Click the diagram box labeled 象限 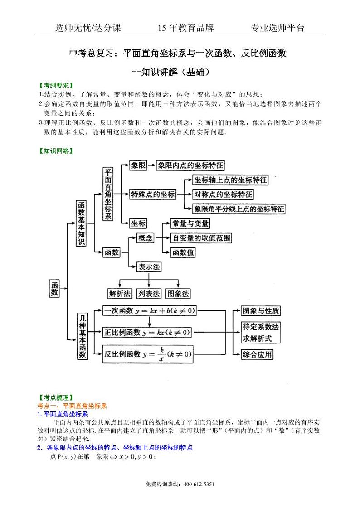pos(138,166)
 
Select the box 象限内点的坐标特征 pos(190,166)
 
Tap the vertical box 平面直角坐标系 pos(108,194)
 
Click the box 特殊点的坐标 pos(153,195)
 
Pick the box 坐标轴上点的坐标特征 pos(230,180)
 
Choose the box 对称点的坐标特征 pos(223,195)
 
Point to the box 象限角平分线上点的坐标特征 pos(239,209)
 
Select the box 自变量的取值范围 pos(200,238)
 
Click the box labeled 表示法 pos(149,267)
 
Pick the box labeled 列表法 pos(149,294)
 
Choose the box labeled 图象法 pos(178,294)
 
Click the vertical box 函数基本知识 pos(81,223)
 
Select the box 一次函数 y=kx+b pos(149,311)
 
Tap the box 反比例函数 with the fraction pos(147,353)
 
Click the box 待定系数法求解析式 pos(260,333)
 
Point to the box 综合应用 pos(257,354)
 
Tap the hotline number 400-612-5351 pos(199,485)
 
